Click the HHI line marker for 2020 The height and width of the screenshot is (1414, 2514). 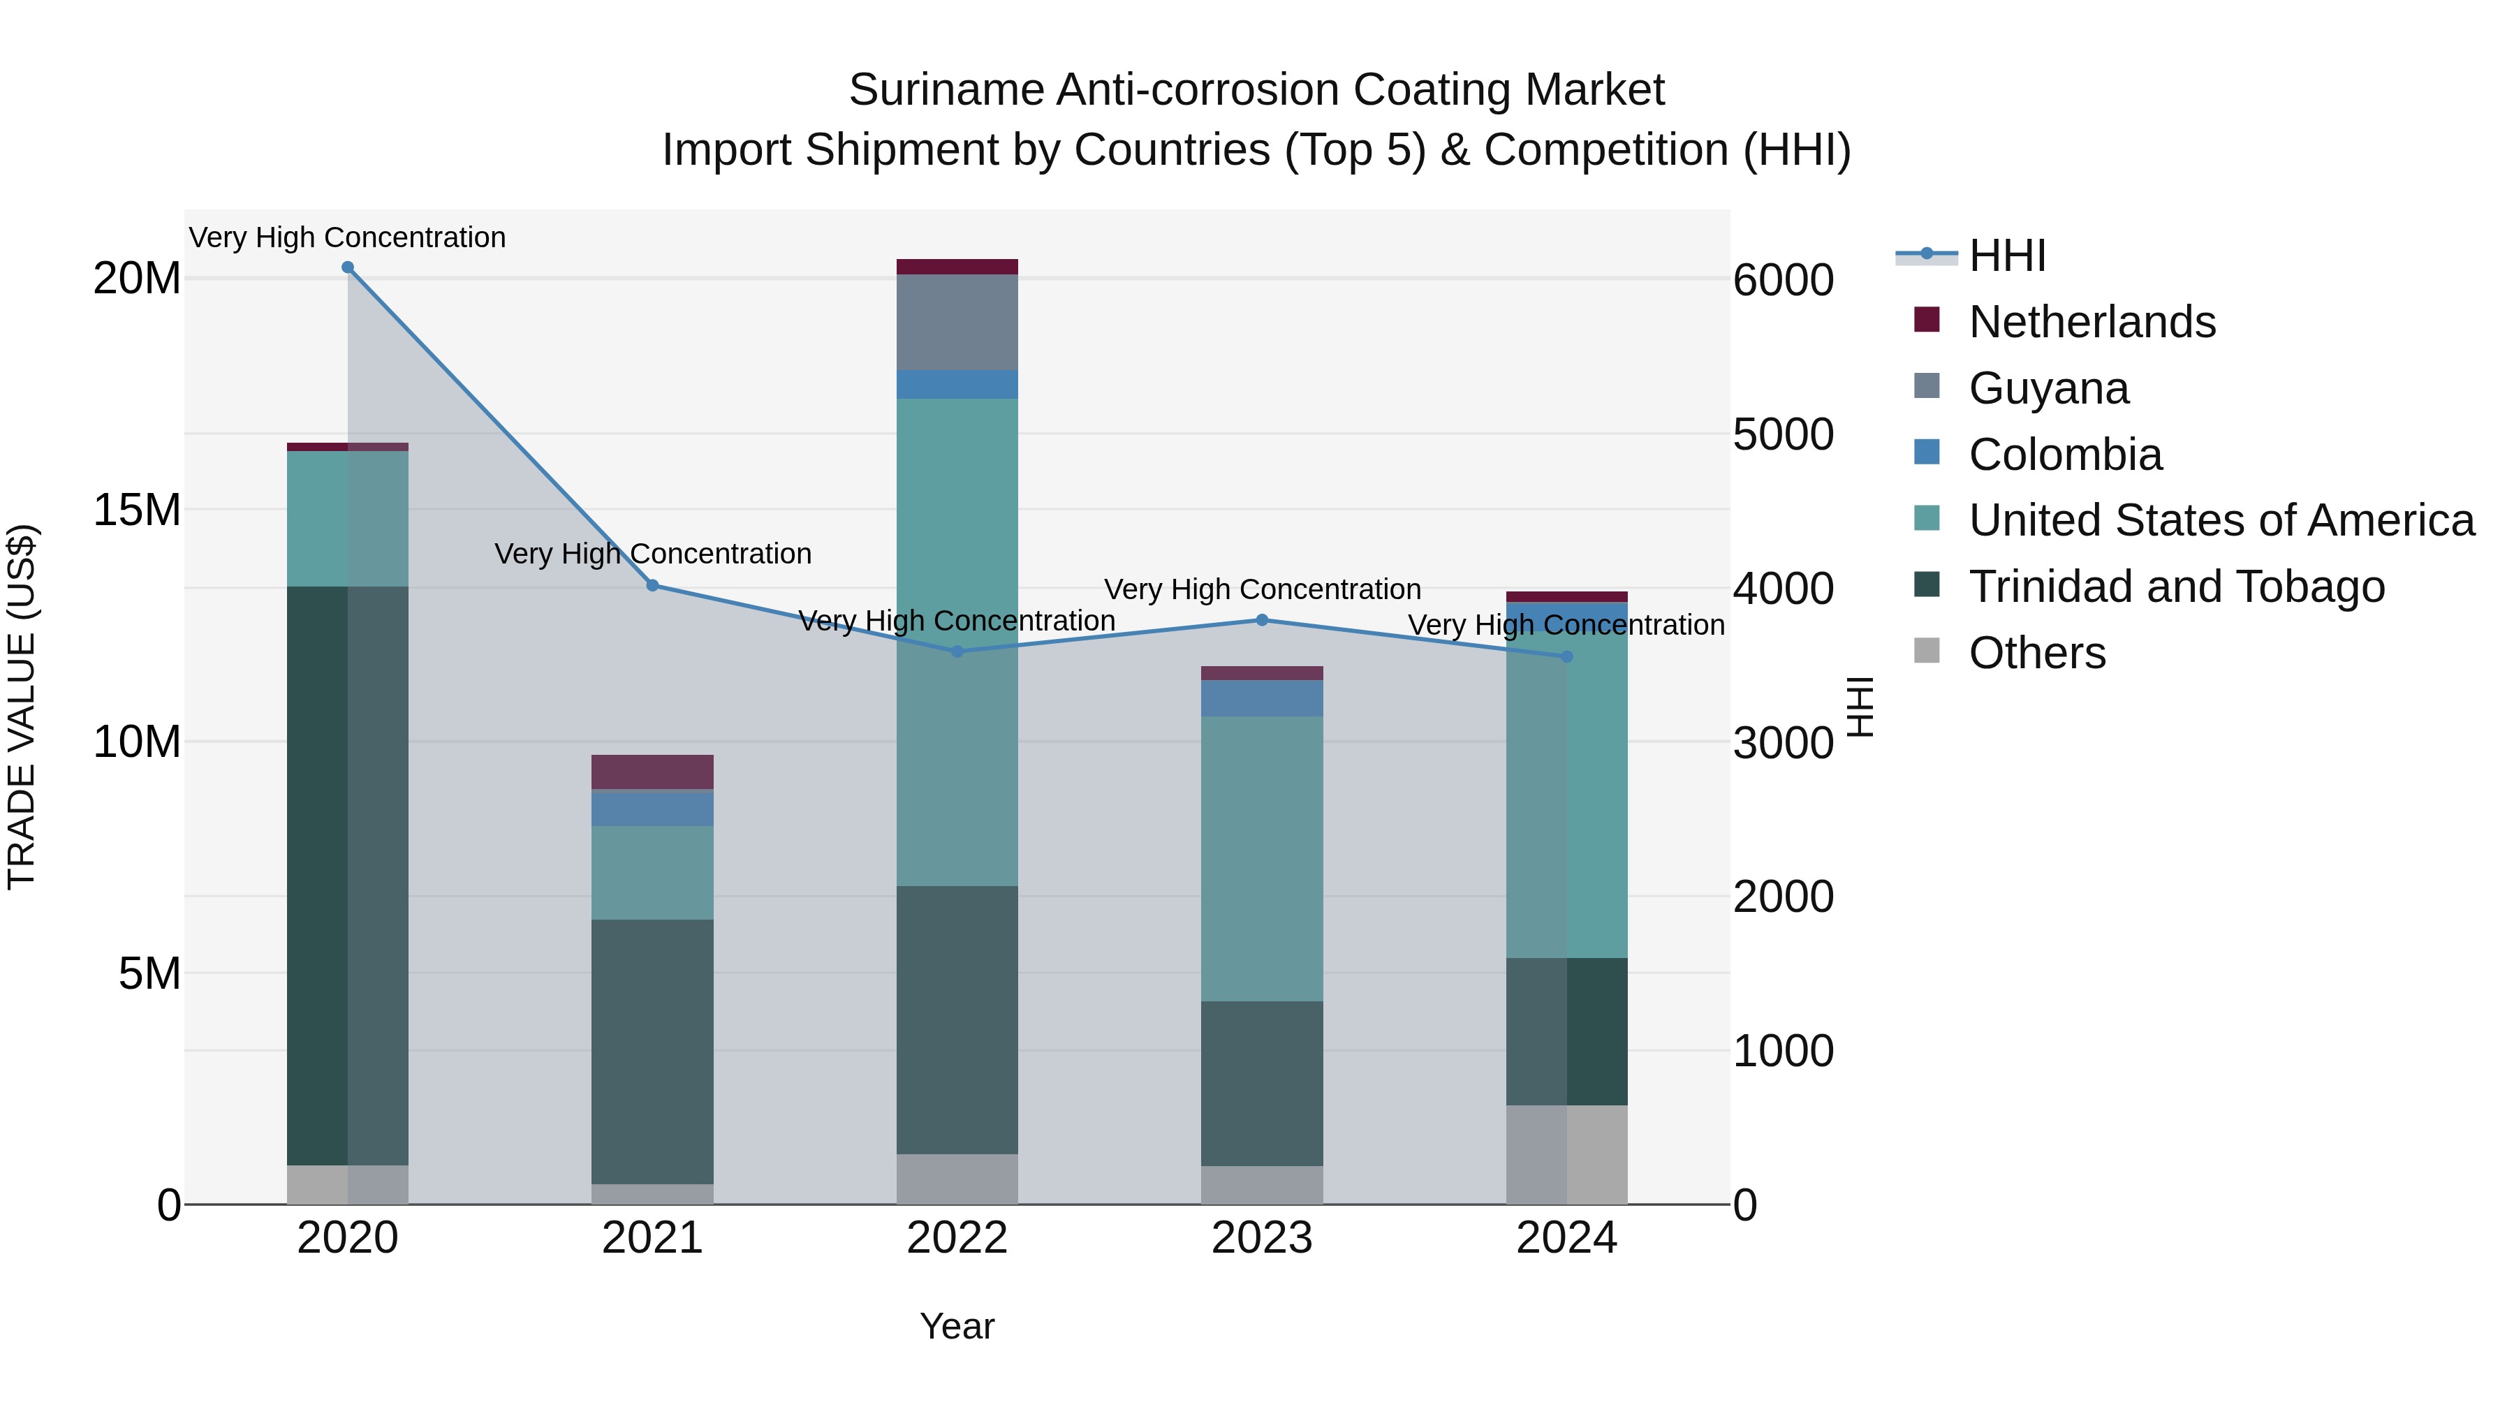click(x=348, y=267)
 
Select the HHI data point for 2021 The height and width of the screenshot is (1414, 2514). click(x=653, y=586)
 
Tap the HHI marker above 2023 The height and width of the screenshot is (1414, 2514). click(x=1262, y=619)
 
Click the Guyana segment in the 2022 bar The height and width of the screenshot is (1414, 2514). click(x=957, y=322)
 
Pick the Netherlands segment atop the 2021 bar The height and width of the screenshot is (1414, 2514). click(x=652, y=772)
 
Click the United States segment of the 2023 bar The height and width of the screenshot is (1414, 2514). click(x=1262, y=859)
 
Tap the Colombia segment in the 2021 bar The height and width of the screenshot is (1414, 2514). click(x=652, y=808)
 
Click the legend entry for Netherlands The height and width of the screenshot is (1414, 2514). click(x=2092, y=322)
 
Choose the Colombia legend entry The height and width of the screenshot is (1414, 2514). click(x=2065, y=455)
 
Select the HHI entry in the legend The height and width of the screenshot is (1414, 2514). click(x=2006, y=256)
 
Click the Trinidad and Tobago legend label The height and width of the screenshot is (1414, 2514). click(x=2176, y=587)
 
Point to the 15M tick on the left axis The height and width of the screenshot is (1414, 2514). click(x=137, y=510)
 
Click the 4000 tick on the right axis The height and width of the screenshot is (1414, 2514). click(x=1783, y=589)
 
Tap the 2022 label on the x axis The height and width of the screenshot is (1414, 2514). click(x=957, y=1238)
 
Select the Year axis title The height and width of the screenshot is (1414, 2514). click(x=957, y=1326)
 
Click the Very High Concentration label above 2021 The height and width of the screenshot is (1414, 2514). click(x=653, y=553)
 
